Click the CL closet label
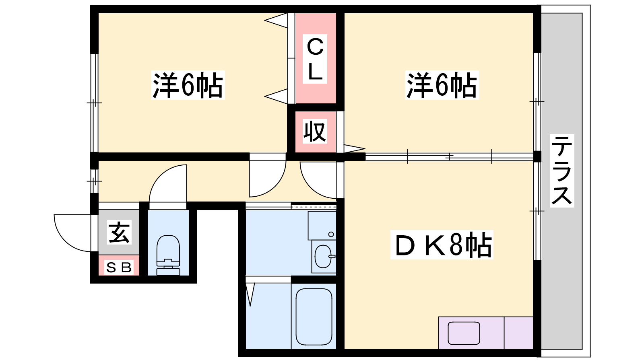(x=315, y=59)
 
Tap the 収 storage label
(x=315, y=132)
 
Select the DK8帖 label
(x=442, y=245)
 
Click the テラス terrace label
(x=562, y=171)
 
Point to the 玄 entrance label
(x=119, y=232)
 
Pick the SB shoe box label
(x=119, y=268)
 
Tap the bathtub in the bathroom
(x=314, y=316)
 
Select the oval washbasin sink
(x=324, y=256)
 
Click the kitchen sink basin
(x=464, y=333)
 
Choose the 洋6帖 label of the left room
(x=188, y=85)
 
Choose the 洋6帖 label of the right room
(x=442, y=85)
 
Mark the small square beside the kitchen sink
(x=518, y=333)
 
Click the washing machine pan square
(x=322, y=226)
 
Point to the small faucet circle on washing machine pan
(x=331, y=234)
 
